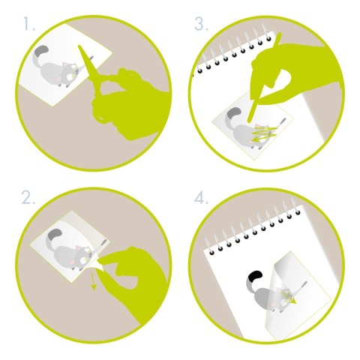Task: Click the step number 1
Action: pos(28,24)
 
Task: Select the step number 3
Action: pos(201,24)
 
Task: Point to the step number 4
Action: pos(201,199)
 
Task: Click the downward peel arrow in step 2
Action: pos(93,280)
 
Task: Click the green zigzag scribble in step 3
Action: pos(265,133)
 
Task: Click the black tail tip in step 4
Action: pos(256,276)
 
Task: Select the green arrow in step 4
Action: pos(289,297)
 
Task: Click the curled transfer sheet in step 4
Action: pos(295,295)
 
